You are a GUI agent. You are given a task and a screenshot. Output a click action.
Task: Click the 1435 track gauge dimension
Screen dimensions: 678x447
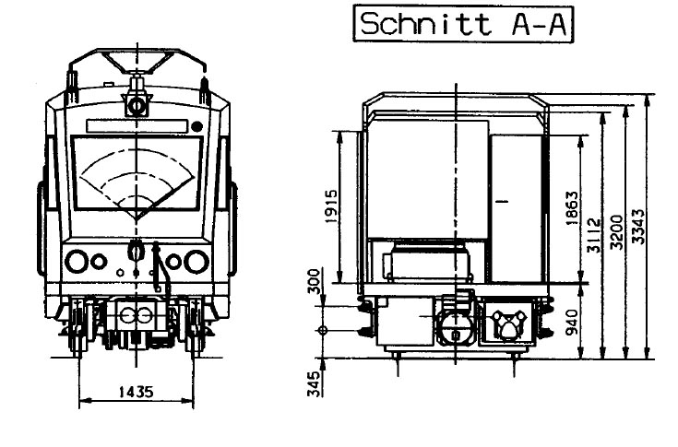click(136, 392)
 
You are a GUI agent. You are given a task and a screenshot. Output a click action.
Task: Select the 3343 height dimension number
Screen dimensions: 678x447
click(637, 227)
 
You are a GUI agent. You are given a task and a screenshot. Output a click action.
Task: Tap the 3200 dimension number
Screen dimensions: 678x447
click(616, 232)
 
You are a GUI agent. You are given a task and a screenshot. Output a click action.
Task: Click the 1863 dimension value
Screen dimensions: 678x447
click(572, 207)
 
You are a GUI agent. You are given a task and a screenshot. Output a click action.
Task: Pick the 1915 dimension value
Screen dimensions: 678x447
click(331, 206)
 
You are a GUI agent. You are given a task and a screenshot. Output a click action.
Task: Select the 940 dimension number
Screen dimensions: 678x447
click(572, 322)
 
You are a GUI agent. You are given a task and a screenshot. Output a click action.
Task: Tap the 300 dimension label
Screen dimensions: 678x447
click(315, 281)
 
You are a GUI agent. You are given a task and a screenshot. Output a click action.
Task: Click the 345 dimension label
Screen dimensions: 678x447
click(315, 383)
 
